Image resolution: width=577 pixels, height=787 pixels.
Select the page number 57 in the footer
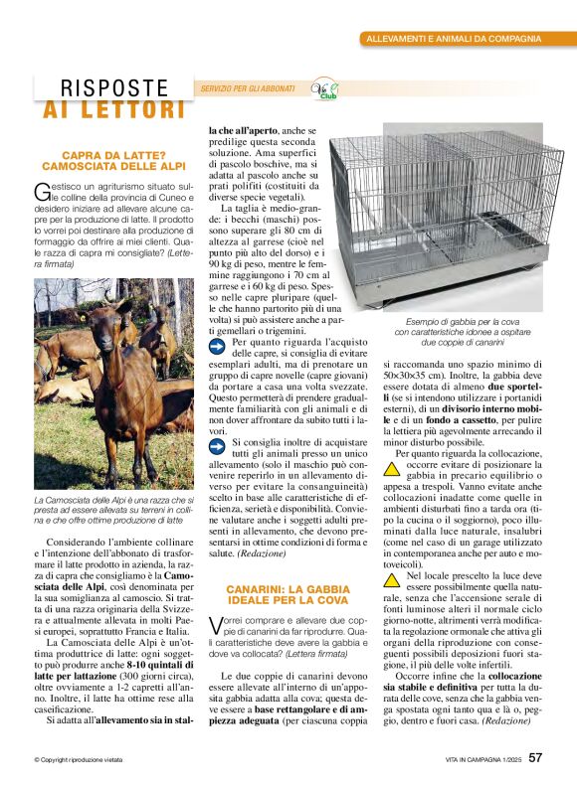[x=536, y=759]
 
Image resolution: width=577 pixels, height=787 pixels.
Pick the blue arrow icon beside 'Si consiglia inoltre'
[x=218, y=444]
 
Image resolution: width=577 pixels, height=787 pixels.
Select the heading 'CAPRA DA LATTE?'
[x=109, y=156]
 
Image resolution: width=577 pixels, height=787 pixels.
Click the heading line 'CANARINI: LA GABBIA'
[x=288, y=589]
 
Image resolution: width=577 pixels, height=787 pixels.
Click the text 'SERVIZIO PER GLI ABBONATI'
[x=248, y=88]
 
